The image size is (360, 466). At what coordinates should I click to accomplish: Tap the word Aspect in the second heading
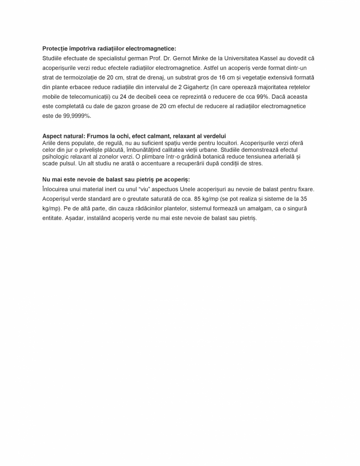(x=52, y=136)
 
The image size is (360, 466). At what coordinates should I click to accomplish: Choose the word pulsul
(x=67, y=163)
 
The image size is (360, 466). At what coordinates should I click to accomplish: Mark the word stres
(x=255, y=163)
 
